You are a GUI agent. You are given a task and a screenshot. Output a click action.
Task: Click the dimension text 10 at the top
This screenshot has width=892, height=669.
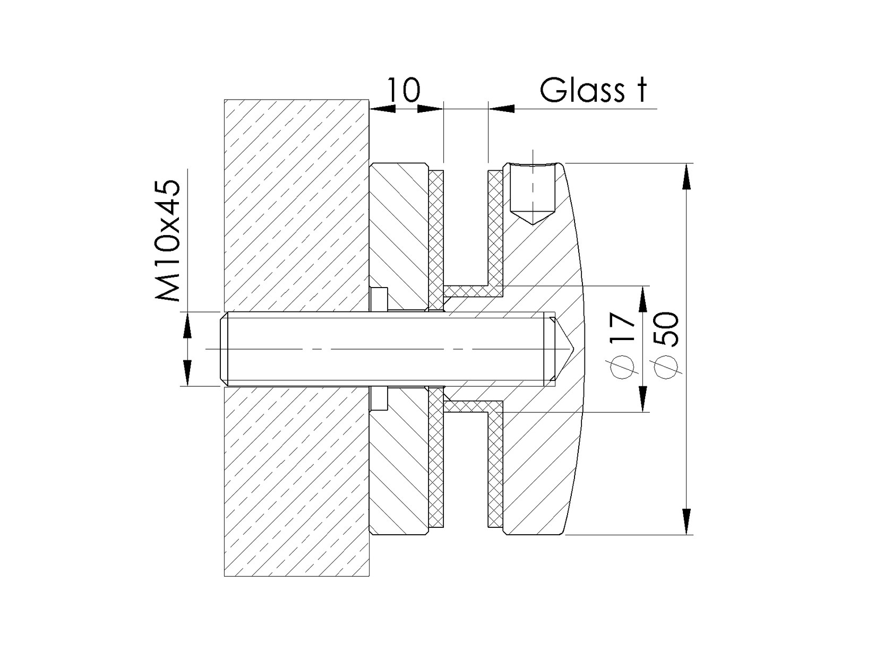point(404,90)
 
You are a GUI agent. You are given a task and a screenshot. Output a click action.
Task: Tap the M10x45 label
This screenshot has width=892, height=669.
point(169,241)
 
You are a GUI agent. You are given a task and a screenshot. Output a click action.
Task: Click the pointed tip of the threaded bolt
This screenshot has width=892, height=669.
point(571,349)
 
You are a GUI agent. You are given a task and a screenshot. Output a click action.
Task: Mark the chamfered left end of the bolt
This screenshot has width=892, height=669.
point(223,349)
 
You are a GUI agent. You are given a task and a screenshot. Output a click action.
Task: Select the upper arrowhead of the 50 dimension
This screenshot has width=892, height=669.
point(687,176)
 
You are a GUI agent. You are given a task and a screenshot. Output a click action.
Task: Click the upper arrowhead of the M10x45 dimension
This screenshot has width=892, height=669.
point(187,324)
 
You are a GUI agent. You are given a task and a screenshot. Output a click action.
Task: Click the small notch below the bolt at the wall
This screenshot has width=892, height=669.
point(379,399)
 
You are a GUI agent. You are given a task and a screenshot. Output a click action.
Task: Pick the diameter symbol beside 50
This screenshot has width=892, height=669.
point(667,367)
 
